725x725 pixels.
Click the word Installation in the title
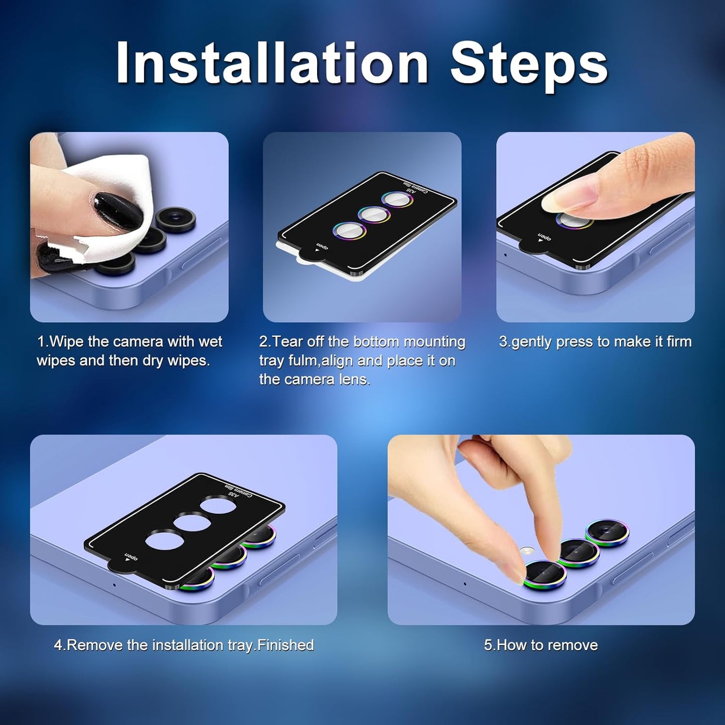(x=272, y=62)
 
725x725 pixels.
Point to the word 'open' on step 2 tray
(x=322, y=246)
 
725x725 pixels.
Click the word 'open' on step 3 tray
(x=544, y=237)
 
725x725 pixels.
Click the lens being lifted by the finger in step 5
(x=544, y=574)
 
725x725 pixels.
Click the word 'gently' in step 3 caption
(x=532, y=342)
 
